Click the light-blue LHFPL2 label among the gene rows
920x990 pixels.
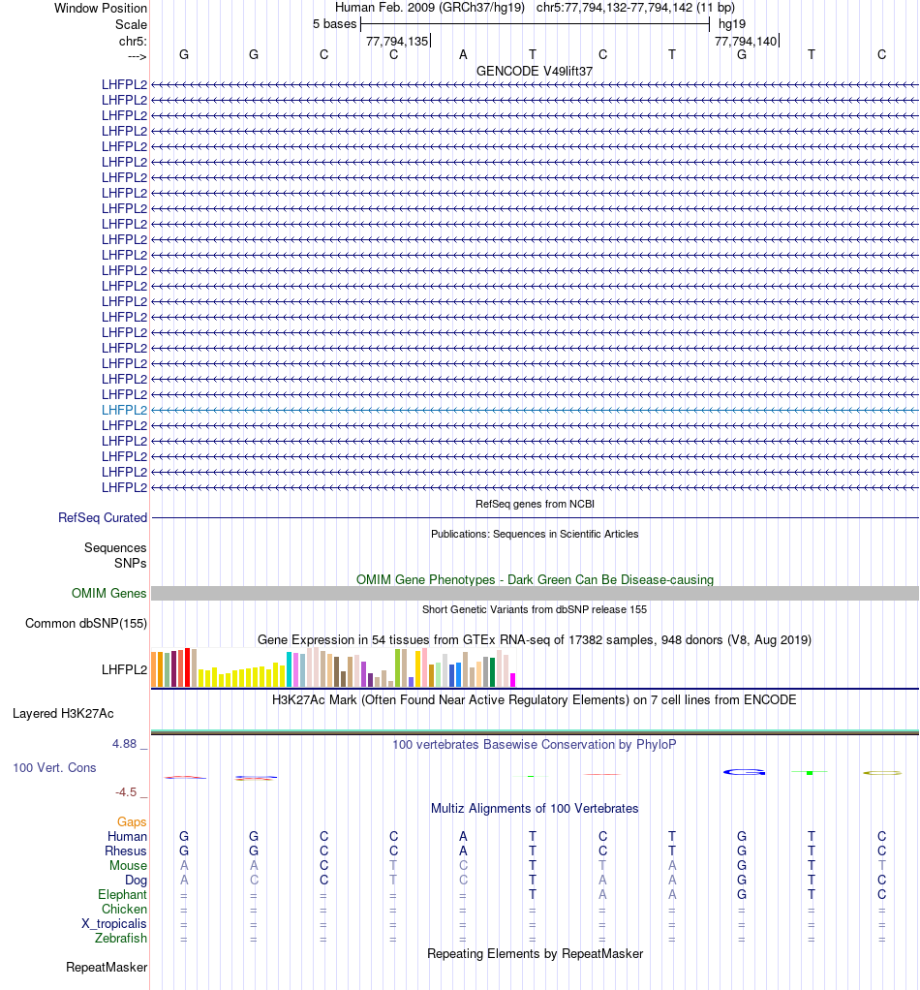[124, 410]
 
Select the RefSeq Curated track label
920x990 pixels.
[103, 518]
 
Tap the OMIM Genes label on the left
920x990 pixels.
[109, 593]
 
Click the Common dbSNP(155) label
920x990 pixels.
[85, 623]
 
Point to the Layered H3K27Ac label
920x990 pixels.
[63, 714]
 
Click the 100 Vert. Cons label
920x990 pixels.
[54, 767]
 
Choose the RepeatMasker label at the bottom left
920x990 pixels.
[107, 967]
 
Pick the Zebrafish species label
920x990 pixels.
[121, 938]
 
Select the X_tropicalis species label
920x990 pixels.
[114, 923]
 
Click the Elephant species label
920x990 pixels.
[122, 894]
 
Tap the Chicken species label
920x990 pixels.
[124, 909]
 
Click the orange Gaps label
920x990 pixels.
[132, 821]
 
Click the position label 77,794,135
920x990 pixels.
[396, 41]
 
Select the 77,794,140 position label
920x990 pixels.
[745, 41]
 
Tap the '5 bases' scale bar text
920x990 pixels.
[334, 23]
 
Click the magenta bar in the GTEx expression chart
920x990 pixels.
[513, 679]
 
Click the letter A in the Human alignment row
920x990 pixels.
[463, 836]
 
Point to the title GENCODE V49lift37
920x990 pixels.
[535, 71]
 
